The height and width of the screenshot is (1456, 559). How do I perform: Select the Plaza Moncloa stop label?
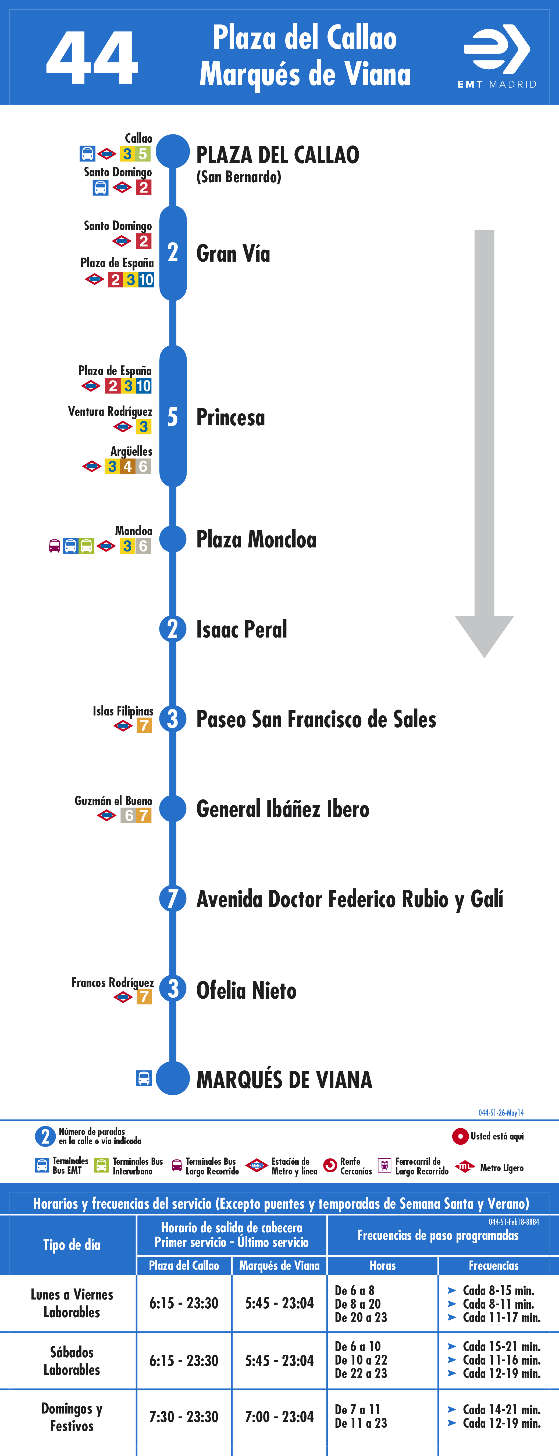[256, 539]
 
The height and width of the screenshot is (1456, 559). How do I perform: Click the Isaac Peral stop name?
[241, 629]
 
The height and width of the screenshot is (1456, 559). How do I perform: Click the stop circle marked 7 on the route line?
[172, 898]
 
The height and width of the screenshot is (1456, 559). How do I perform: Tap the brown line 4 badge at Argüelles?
[128, 466]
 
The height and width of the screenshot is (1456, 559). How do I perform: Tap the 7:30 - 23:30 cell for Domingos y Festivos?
[184, 1416]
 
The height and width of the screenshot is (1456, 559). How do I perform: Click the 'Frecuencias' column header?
[493, 1265]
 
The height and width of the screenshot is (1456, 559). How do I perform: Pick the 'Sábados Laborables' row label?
[72, 1361]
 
